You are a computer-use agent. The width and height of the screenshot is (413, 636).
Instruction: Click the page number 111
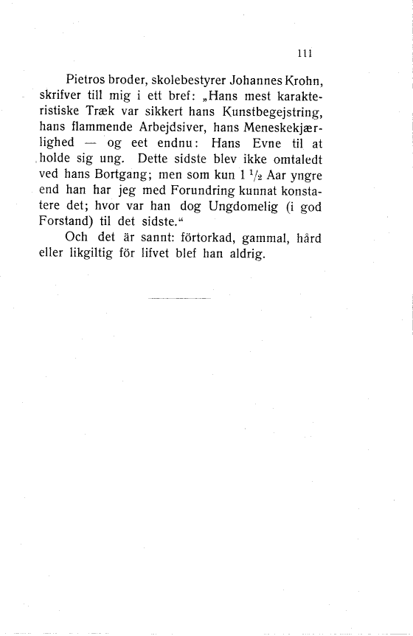[x=302, y=52]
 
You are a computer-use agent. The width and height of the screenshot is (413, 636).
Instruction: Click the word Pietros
[x=88, y=80]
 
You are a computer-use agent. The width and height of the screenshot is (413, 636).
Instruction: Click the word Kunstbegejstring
[x=271, y=112]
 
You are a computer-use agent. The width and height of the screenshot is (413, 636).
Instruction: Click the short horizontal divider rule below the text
[x=178, y=298]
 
